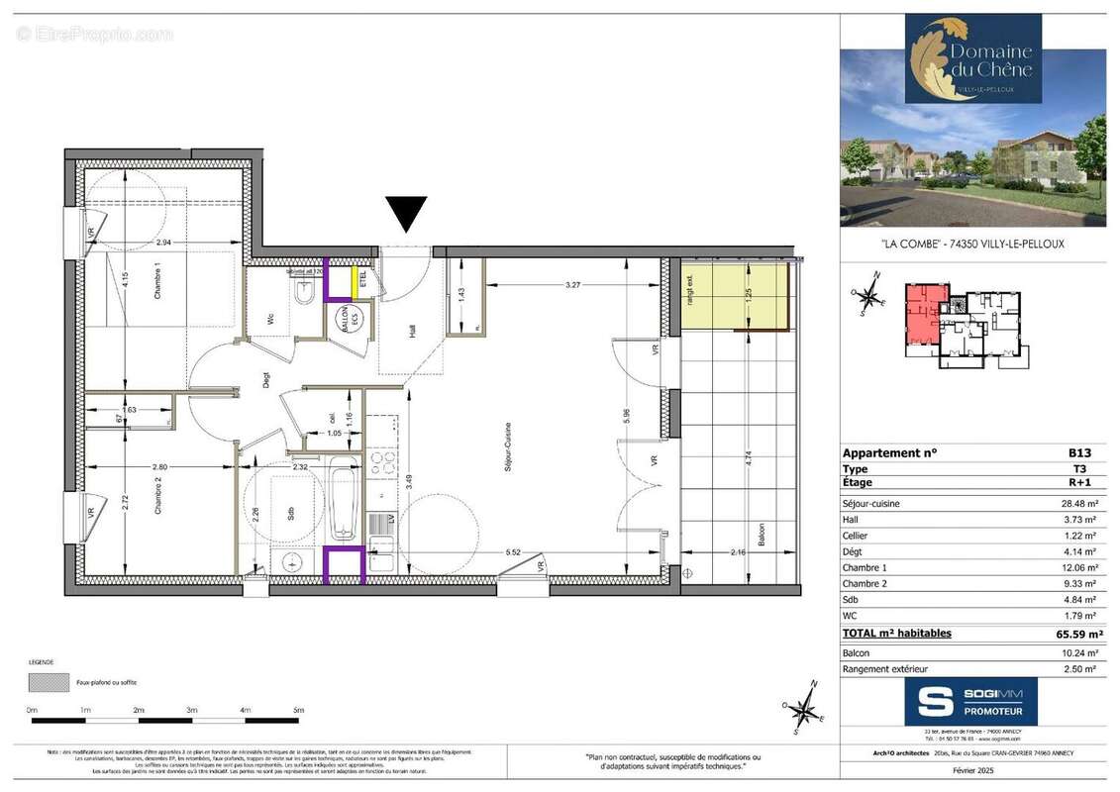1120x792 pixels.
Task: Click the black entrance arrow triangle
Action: (406, 212)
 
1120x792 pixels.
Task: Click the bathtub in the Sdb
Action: (343, 504)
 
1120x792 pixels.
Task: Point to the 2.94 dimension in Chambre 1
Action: (163, 242)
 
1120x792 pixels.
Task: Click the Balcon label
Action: (760, 536)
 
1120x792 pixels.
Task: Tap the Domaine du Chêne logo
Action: (972, 57)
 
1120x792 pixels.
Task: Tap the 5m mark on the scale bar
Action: (298, 711)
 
